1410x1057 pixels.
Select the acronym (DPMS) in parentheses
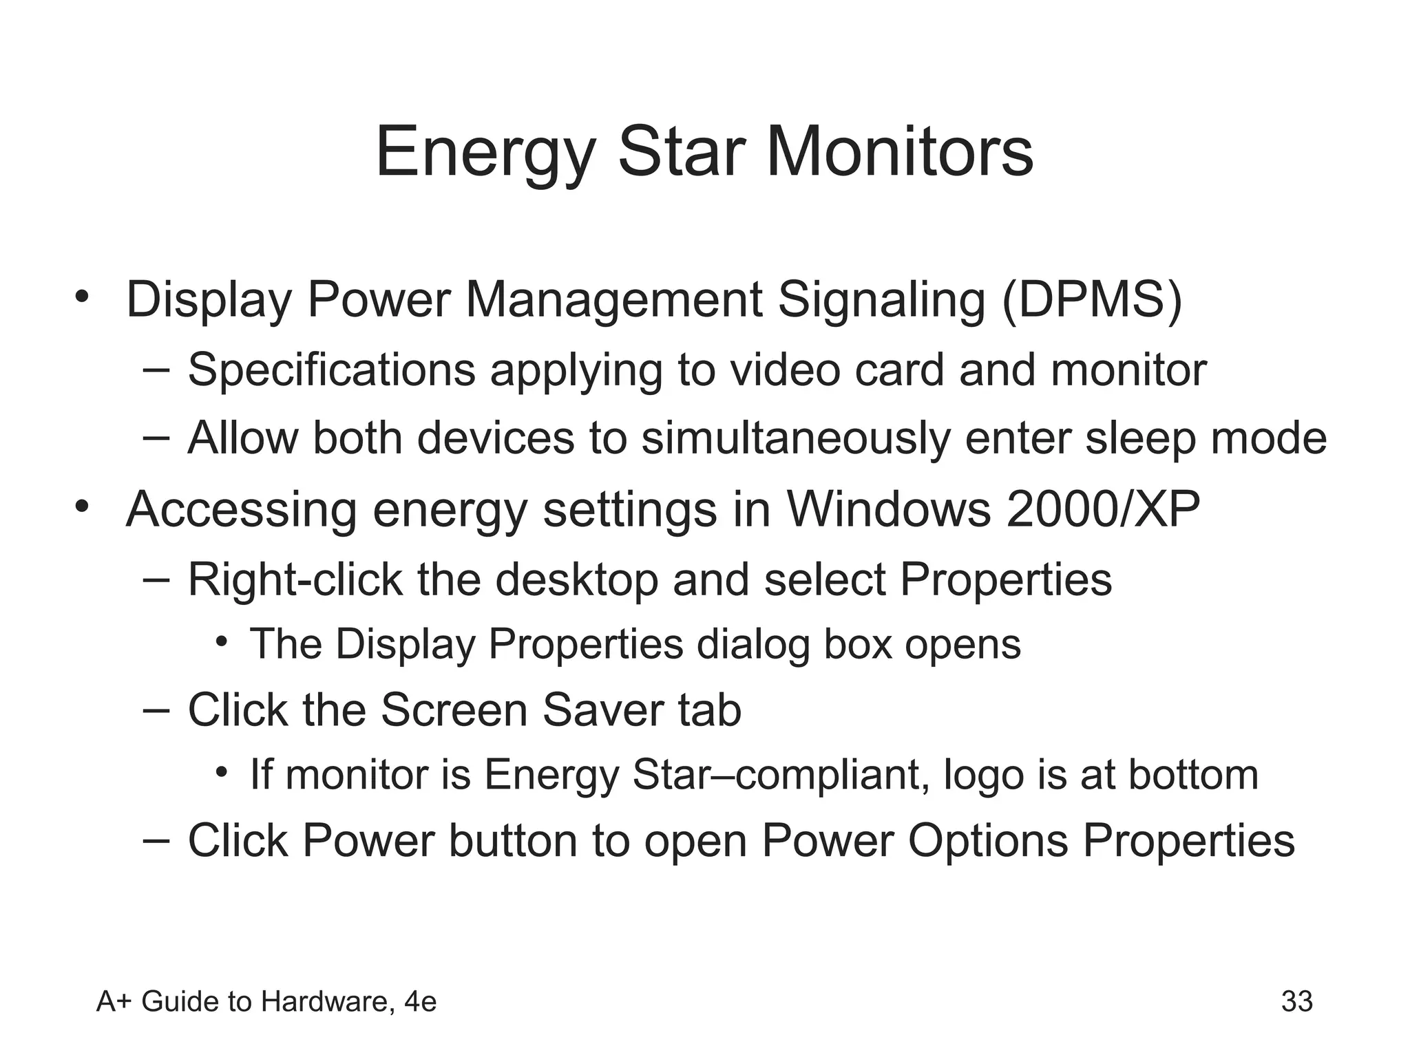1092,300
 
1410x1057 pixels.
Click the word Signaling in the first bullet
881,301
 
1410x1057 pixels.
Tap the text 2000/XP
1102,509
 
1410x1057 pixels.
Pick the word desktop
576,580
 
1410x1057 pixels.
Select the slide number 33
1296,1001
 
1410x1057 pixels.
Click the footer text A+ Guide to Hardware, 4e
266,1001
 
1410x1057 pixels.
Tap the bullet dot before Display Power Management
83,298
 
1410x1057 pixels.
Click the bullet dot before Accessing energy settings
83,507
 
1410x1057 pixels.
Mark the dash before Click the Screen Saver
156,709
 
